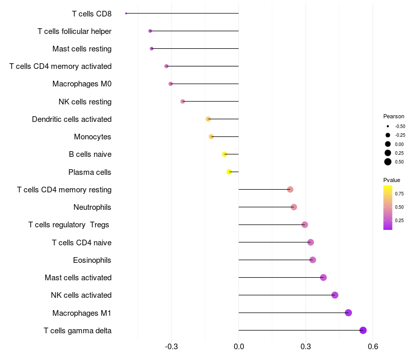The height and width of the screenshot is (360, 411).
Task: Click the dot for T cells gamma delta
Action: pyautogui.click(x=363, y=330)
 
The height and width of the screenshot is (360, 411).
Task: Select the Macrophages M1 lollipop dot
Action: pyautogui.click(x=348, y=313)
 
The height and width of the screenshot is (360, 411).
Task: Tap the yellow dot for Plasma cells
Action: pyautogui.click(x=229, y=172)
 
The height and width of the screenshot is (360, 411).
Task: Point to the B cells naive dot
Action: pyautogui.click(x=225, y=154)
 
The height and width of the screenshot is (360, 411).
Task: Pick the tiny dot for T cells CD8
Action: pyautogui.click(x=126, y=13)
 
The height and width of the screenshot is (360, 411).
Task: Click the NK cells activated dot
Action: pyautogui.click(x=335, y=295)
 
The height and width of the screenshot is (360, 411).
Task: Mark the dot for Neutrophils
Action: pyautogui.click(x=294, y=207)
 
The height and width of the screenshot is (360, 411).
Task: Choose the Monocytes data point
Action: pyautogui.click(x=211, y=137)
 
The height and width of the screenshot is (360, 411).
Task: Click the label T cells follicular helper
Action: pyautogui.click(x=74, y=31)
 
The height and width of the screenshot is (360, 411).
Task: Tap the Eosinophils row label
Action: pyautogui.click(x=92, y=260)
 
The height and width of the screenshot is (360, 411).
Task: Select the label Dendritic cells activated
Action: pyautogui.click(x=71, y=119)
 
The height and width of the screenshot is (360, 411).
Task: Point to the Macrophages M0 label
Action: pyautogui.click(x=82, y=84)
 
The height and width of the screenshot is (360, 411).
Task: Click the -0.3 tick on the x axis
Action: pyautogui.click(x=172, y=347)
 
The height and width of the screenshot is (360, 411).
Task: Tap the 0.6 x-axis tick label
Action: pyautogui.click(x=373, y=347)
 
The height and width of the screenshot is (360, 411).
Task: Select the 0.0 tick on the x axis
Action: pyautogui.click(x=239, y=347)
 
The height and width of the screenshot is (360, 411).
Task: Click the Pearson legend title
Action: pyautogui.click(x=394, y=116)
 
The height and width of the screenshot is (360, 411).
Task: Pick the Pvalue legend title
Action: pyautogui.click(x=391, y=180)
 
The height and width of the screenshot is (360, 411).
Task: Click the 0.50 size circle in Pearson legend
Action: pyautogui.click(x=388, y=162)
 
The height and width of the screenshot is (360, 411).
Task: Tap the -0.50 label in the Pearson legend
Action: pyautogui.click(x=400, y=127)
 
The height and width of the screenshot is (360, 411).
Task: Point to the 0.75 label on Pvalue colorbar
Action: pyautogui.click(x=399, y=194)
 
